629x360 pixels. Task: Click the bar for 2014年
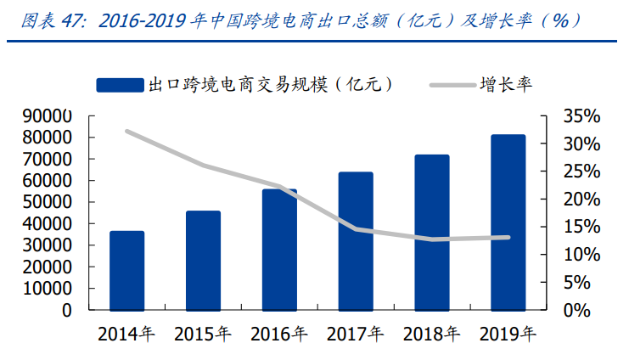click(x=126, y=270)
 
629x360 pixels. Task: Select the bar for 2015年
click(x=203, y=260)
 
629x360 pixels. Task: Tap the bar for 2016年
click(x=279, y=250)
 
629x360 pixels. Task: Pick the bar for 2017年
click(x=356, y=241)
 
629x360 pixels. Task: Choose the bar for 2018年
click(x=432, y=232)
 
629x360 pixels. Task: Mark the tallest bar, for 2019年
click(x=508, y=222)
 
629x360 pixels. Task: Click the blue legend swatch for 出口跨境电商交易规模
click(x=120, y=84)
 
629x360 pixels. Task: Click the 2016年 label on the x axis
click(x=279, y=333)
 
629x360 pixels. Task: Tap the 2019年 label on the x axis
click(x=508, y=333)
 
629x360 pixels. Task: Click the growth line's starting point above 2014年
click(x=126, y=132)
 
